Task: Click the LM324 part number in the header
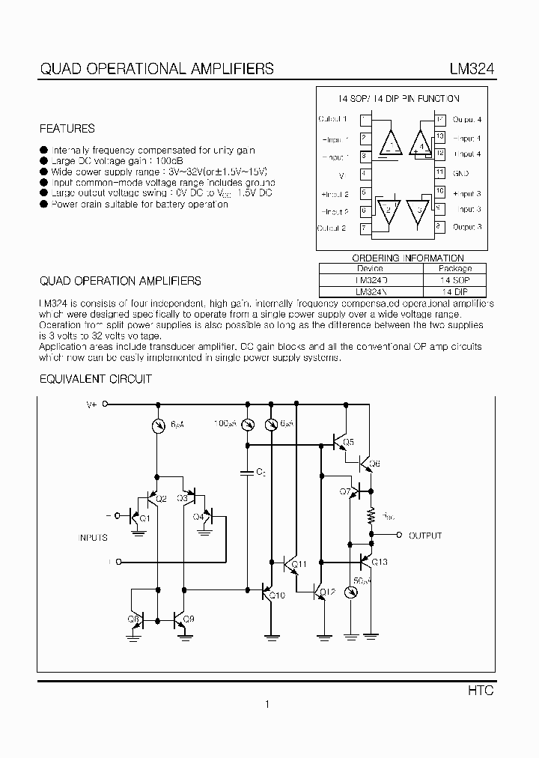(x=470, y=69)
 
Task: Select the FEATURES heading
(x=67, y=128)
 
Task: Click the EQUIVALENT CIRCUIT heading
(x=96, y=379)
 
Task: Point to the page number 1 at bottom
(x=267, y=704)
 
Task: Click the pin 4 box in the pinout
(x=364, y=174)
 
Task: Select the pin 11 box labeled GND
(x=440, y=172)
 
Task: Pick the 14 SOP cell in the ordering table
(x=454, y=279)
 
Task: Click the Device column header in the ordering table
(x=370, y=268)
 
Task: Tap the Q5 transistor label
(x=348, y=441)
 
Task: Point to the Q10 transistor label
(x=277, y=595)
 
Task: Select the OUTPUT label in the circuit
(x=424, y=536)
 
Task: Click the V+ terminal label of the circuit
(x=92, y=404)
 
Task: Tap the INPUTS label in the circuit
(x=93, y=537)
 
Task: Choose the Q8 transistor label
(x=134, y=619)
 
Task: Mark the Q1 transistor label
(x=144, y=518)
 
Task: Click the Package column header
(x=454, y=268)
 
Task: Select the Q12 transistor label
(x=327, y=592)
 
